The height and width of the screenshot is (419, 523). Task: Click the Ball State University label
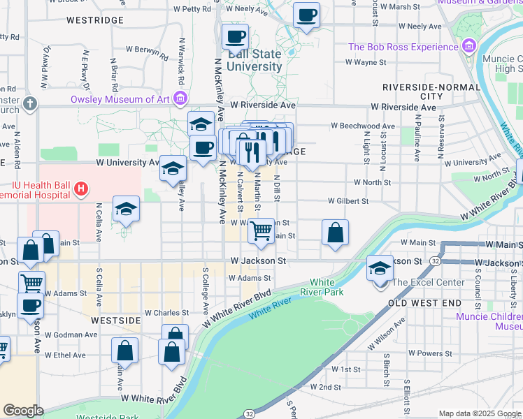pos(254,61)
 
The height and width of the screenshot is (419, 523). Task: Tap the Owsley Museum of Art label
pos(120,99)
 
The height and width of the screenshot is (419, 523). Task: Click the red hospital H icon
pos(82,189)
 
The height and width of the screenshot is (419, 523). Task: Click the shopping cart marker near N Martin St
pos(261,230)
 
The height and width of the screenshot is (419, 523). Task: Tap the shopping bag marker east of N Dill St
pos(336,233)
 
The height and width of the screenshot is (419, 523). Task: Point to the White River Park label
pos(322,287)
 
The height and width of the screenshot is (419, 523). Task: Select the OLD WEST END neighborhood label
pos(424,303)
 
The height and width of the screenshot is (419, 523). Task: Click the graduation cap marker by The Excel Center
pos(380,269)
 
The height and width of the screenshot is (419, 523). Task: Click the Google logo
pos(23,411)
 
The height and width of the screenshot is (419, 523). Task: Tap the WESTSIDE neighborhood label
pos(117,319)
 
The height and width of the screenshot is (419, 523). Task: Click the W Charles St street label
pos(166,313)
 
